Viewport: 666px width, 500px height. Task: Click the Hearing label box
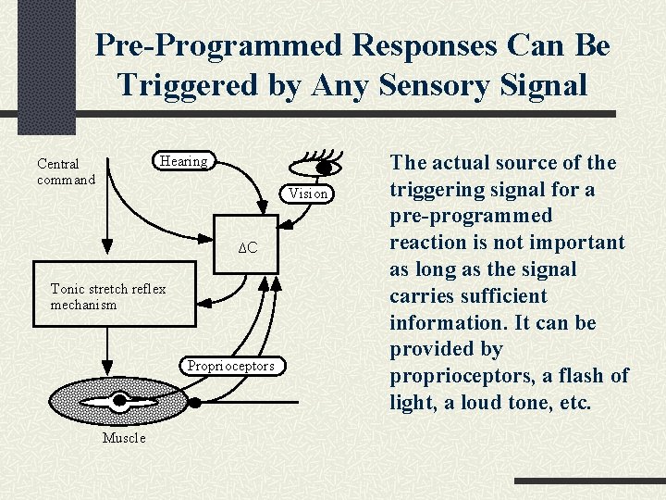(183, 161)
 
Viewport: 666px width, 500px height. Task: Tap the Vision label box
(307, 194)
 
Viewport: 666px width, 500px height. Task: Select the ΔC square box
(247, 248)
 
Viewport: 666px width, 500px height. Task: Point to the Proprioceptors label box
(230, 366)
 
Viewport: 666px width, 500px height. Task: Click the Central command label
(65, 171)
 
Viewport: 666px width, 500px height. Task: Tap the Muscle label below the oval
(123, 438)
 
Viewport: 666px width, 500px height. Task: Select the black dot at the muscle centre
(119, 401)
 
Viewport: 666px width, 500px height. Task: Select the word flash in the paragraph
(576, 376)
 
